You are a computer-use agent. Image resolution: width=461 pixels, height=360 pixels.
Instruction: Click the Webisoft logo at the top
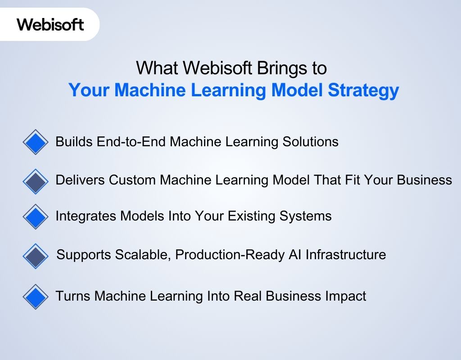click(x=50, y=24)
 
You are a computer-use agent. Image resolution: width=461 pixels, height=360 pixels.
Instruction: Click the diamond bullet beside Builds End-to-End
click(x=35, y=142)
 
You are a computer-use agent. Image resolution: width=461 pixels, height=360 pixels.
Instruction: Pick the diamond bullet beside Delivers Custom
click(x=35, y=181)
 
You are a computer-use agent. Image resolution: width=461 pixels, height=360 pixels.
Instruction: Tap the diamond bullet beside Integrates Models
click(x=35, y=216)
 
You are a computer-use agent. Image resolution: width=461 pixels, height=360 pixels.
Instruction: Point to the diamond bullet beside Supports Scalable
click(x=35, y=256)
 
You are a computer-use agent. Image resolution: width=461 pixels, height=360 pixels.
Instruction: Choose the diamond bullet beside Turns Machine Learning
click(x=35, y=297)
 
